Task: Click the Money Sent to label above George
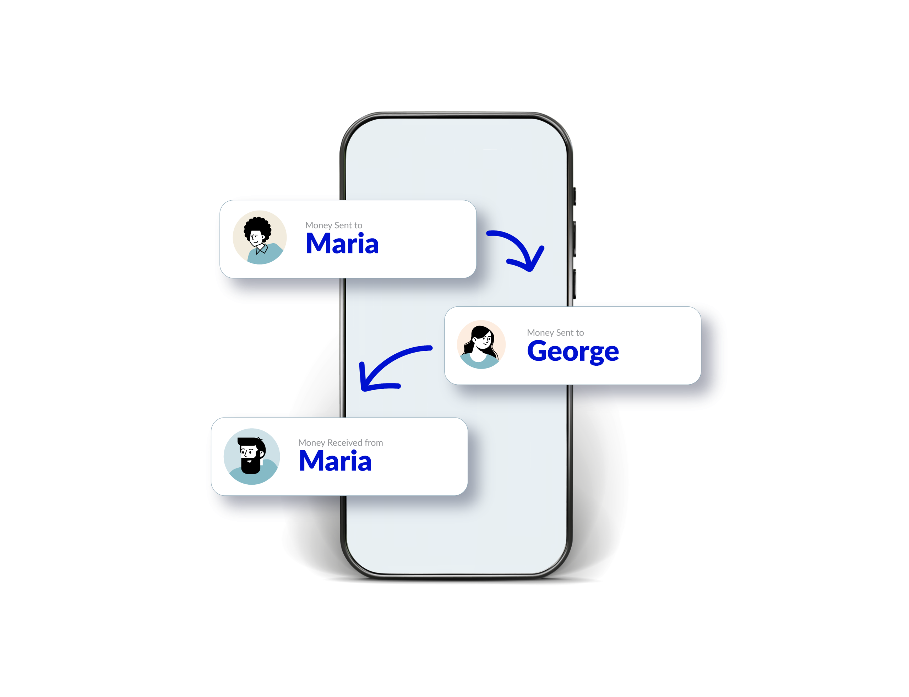(x=555, y=332)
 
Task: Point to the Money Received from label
(x=340, y=442)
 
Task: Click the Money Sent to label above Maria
(x=333, y=225)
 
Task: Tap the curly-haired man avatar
(x=259, y=237)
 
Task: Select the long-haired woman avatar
(x=481, y=344)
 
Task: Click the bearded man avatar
(x=251, y=456)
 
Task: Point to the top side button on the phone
(x=575, y=196)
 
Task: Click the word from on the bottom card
(x=374, y=442)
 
